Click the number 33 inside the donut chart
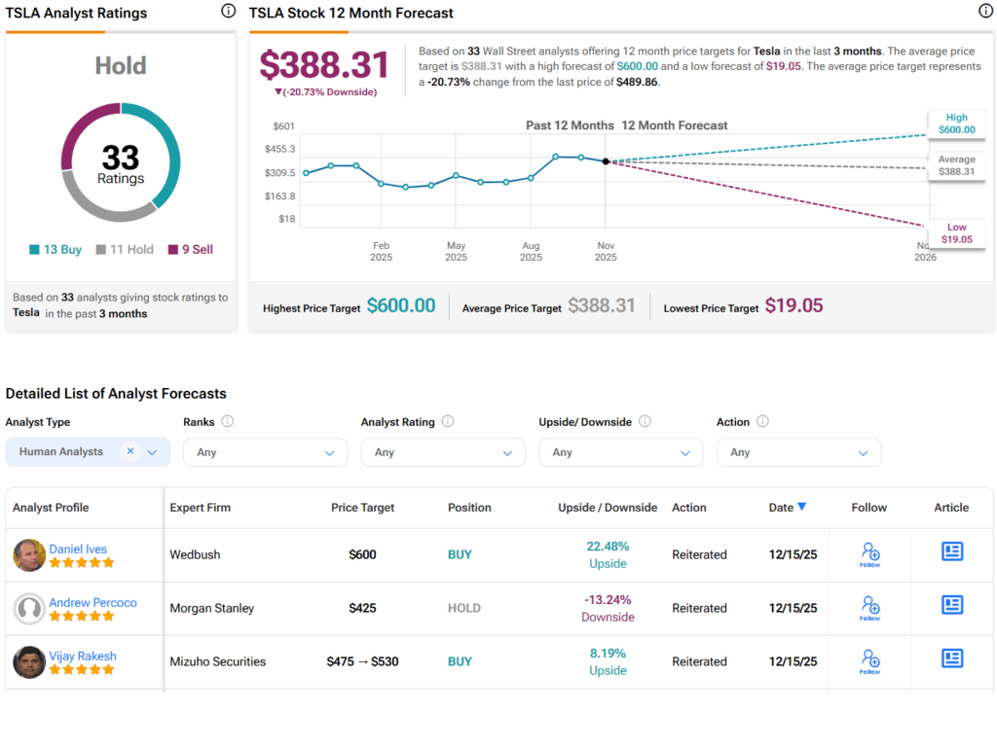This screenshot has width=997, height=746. point(120,157)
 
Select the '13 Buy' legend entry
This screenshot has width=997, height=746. point(55,250)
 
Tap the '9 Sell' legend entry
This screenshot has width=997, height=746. point(191,250)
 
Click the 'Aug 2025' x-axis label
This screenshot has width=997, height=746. point(531,252)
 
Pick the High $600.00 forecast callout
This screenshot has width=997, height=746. point(956,124)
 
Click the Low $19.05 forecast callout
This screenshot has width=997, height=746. point(956,233)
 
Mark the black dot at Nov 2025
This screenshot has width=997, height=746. point(606,161)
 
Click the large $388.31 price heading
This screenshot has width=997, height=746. point(324,64)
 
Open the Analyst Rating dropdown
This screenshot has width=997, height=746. point(443,452)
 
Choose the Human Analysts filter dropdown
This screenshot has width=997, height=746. point(88,452)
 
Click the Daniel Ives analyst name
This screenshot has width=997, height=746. point(78,550)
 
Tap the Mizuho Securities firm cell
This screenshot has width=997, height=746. point(218,662)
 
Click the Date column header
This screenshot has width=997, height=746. point(787,508)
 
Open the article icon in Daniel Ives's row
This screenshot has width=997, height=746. point(951,552)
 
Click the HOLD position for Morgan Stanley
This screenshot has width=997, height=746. point(464,609)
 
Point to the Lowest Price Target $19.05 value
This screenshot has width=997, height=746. point(794,306)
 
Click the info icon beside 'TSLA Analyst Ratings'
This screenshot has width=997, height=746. point(228,12)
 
